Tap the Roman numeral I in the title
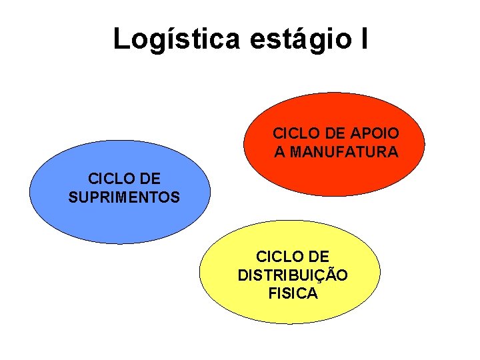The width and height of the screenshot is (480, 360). pos(362,39)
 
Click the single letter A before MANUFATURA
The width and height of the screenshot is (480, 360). pos(280,152)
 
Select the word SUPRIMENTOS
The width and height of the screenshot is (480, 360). pos(124,197)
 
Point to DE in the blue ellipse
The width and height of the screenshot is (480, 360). pos(149,179)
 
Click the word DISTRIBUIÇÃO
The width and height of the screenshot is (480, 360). pos(292,275)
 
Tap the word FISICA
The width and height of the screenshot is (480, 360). pos(293,293)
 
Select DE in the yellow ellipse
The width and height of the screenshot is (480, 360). pos(317,256)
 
